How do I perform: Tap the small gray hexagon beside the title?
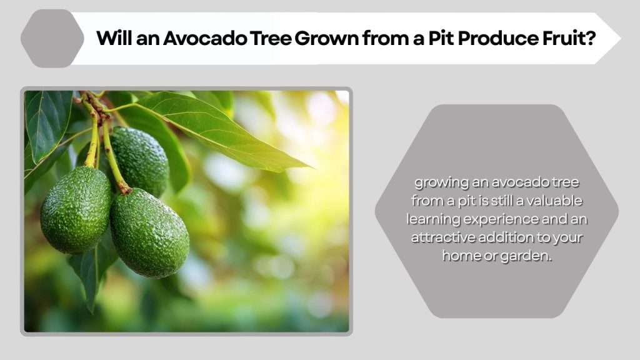[x=52, y=38]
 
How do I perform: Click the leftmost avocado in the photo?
[x=75, y=209]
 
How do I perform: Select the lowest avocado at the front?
[x=149, y=232]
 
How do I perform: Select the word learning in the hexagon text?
[x=435, y=219]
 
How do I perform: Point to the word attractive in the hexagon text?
[x=443, y=237]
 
